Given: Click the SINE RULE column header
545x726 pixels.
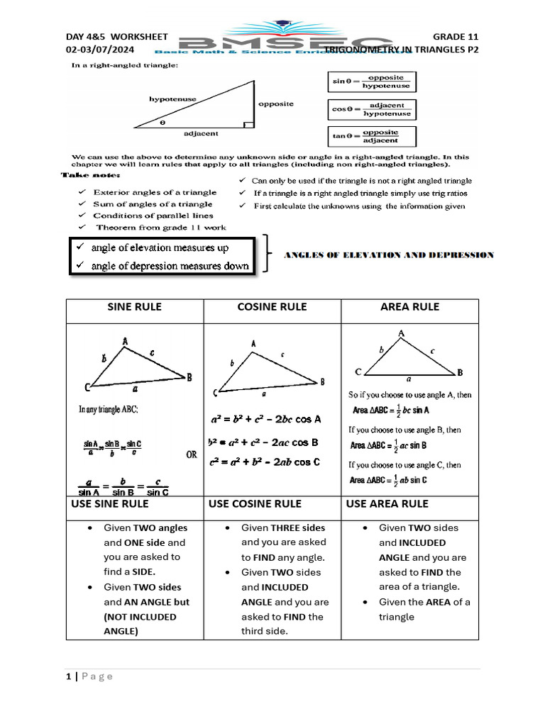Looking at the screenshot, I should click(x=134, y=307).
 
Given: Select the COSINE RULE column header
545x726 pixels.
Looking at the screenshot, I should click(x=272, y=307).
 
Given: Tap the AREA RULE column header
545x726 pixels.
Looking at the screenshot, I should click(x=409, y=307).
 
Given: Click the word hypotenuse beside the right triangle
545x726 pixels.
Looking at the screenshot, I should click(x=172, y=99).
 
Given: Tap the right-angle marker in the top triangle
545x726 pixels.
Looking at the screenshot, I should click(x=248, y=125).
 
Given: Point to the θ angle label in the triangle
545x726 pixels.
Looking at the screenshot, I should click(x=162, y=122).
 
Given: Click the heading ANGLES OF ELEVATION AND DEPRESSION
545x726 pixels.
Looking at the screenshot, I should click(x=389, y=255).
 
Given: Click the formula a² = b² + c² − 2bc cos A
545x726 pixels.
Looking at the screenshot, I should click(x=265, y=419).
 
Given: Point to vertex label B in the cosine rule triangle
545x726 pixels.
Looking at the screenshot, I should click(x=323, y=381).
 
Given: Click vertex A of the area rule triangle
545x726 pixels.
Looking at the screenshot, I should click(x=402, y=333).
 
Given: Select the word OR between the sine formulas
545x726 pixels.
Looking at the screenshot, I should click(x=192, y=455).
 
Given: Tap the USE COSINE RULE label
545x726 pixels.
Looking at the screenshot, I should click(x=255, y=503).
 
